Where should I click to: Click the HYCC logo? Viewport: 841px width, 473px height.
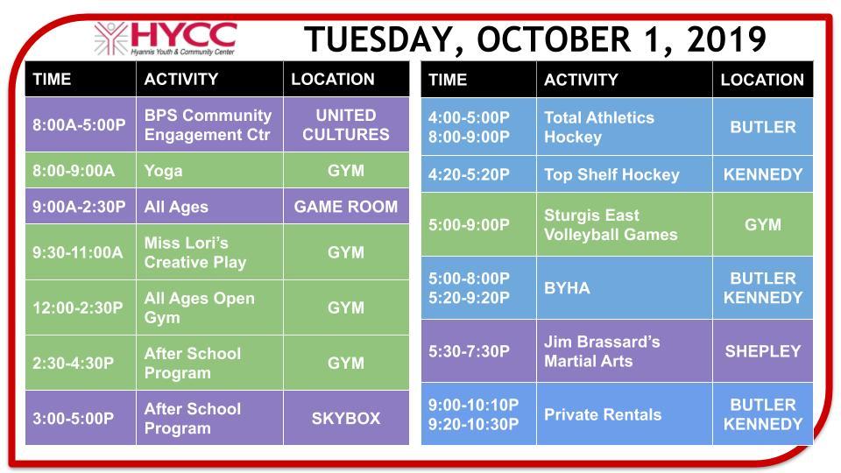(166, 38)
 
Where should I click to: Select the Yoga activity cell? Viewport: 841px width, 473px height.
(209, 171)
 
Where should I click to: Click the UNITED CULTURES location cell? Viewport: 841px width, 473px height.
(345, 125)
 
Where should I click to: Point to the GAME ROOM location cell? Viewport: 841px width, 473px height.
(345, 207)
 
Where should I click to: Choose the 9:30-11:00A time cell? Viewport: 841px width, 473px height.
(80, 252)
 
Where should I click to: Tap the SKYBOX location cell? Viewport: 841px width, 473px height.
(345, 419)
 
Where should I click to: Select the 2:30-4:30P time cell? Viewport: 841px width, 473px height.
(80, 363)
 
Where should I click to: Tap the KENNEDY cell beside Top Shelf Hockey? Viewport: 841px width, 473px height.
(762, 174)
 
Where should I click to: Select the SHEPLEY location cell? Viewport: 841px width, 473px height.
(762, 351)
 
